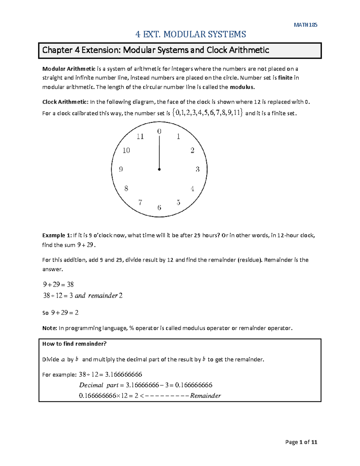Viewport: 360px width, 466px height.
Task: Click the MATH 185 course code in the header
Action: (305, 25)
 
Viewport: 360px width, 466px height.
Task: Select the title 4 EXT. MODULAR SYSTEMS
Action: (190, 34)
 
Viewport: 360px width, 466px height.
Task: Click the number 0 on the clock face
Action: (159, 131)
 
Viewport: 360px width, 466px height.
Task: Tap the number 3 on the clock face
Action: (197, 169)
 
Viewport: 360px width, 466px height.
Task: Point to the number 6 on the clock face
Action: (159, 208)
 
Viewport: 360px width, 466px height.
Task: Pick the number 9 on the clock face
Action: (121, 169)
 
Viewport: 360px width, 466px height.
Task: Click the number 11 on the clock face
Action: (140, 137)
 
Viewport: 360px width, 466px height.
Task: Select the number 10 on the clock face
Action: (126, 150)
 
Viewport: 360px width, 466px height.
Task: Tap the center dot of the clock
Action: (159, 170)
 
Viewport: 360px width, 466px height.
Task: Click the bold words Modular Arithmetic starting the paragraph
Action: (69, 69)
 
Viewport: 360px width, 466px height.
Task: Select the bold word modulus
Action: (242, 87)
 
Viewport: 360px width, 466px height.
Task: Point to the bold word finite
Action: (285, 78)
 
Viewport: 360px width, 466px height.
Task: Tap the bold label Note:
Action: (49, 328)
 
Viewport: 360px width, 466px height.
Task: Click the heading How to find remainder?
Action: (74, 344)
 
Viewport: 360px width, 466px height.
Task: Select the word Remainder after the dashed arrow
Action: (205, 396)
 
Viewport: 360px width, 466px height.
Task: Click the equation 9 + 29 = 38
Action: (58, 284)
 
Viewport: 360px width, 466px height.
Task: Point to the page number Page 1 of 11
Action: (301, 442)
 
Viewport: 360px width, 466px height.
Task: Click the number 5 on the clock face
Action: (178, 203)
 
